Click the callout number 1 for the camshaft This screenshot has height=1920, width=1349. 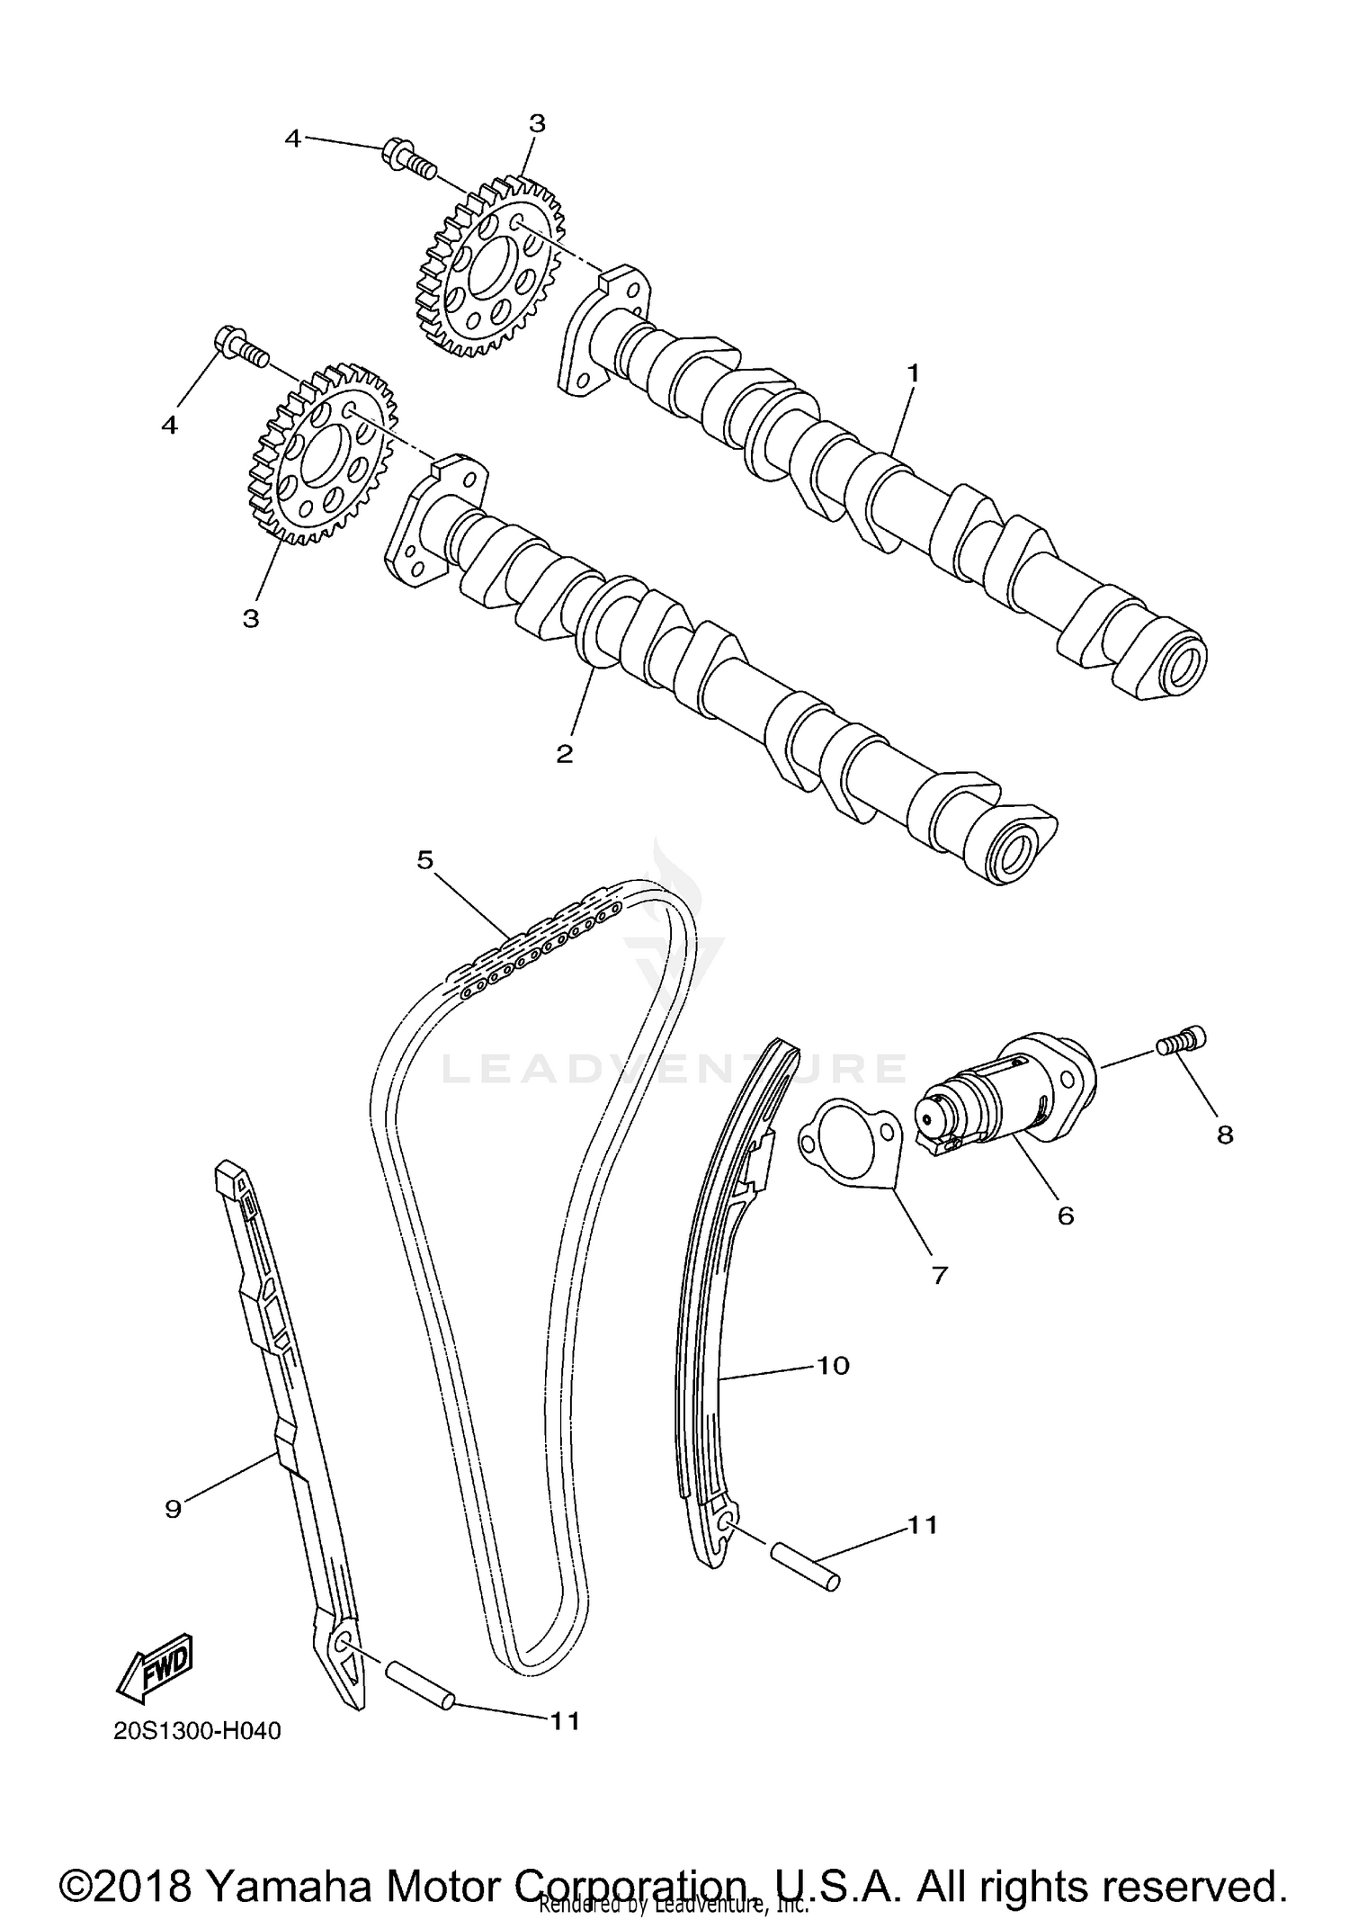[913, 372]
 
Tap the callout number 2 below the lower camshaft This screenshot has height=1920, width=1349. [564, 754]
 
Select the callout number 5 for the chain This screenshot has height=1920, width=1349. [425, 859]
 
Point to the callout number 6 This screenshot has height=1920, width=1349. [1065, 1216]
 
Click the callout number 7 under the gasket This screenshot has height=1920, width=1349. [940, 1274]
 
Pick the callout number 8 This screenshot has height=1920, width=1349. [1225, 1135]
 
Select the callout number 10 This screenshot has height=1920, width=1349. [833, 1365]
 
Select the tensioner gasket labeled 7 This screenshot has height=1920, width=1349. [851, 1144]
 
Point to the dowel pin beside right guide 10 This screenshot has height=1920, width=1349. [805, 1566]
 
